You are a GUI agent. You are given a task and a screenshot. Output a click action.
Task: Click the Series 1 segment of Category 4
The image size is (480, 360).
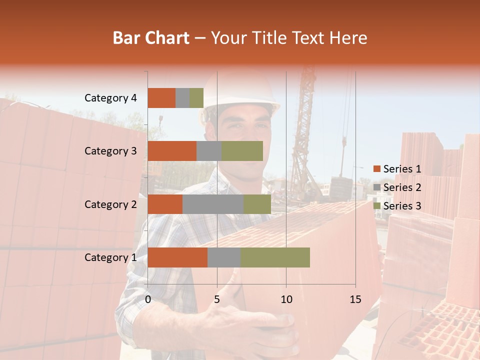(x=161, y=98)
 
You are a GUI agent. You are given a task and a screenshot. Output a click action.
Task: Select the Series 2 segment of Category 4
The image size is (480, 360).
(x=182, y=98)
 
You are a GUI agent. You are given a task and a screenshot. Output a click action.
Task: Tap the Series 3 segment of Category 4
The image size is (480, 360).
(x=196, y=98)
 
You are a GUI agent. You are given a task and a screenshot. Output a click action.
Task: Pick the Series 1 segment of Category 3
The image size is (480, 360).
(x=172, y=151)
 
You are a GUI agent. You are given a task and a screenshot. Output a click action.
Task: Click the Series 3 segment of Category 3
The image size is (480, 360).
(x=242, y=151)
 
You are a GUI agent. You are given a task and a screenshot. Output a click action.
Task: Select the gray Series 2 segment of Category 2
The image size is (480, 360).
(x=213, y=204)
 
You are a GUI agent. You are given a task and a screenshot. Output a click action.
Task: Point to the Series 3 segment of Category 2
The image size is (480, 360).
(x=257, y=204)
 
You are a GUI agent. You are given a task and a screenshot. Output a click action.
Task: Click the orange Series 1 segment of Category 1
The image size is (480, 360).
(x=177, y=257)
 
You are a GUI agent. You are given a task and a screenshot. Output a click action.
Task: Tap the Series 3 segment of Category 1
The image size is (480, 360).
(x=275, y=257)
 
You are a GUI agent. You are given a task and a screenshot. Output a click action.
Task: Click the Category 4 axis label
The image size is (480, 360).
(x=110, y=98)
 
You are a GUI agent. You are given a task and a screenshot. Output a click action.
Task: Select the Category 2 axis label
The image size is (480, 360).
(x=110, y=204)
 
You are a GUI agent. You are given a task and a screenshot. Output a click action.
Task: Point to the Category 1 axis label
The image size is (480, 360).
(x=110, y=257)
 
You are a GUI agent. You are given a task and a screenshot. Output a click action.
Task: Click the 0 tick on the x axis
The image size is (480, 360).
(x=148, y=299)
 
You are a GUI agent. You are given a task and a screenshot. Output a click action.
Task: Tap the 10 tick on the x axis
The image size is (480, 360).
(x=286, y=299)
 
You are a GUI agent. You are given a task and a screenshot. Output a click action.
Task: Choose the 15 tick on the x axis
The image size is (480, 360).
(x=355, y=299)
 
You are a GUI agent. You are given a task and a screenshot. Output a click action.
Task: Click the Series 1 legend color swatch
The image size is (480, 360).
(x=376, y=169)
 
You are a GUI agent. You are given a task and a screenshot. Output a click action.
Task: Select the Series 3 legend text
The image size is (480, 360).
(x=402, y=206)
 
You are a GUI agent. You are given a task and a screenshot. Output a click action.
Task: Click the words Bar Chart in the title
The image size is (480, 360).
(x=151, y=38)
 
